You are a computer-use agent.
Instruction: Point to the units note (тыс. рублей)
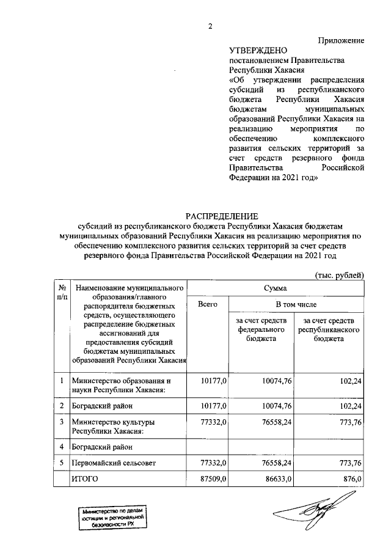[x=339, y=275]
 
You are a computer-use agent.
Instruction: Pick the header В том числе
[x=296, y=304]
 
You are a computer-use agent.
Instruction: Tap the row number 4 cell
[x=62, y=447]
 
